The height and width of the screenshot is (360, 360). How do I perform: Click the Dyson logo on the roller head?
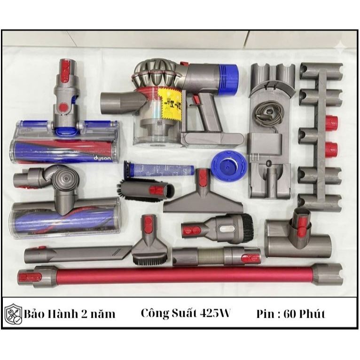pos(102,158)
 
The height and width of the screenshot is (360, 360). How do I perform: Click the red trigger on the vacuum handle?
pos(196,100)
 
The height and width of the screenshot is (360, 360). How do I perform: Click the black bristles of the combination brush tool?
pos(247,228)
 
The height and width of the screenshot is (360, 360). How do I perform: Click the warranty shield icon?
pos(13,314)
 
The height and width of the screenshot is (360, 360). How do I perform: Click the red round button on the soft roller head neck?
pos(64,107)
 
